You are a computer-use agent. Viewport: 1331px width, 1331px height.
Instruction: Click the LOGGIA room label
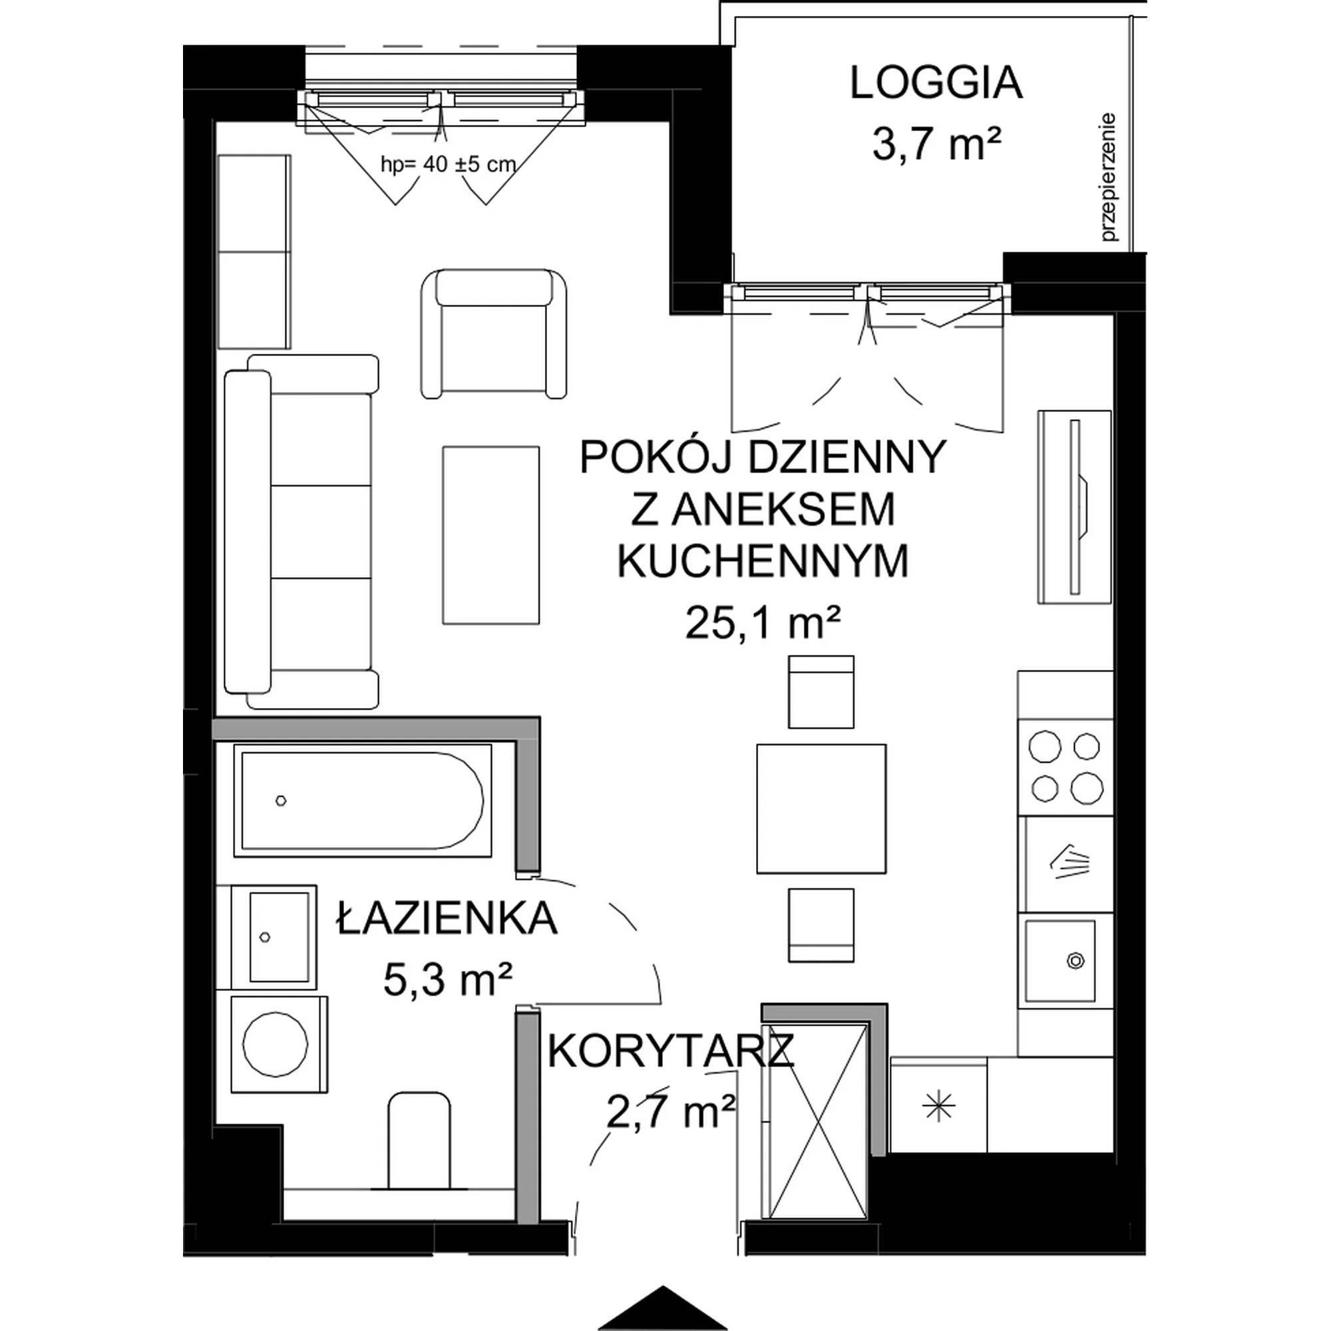pos(936,83)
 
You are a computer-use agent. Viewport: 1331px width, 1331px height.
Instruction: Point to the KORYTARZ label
pos(671,1051)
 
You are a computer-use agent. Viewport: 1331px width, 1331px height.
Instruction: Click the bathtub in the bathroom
pos(363,800)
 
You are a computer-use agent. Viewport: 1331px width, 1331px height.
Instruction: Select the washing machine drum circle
pos(276,1044)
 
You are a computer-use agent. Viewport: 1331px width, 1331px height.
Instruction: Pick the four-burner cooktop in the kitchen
pos(1065,767)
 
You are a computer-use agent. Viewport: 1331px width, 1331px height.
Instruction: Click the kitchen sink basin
pos(1059,960)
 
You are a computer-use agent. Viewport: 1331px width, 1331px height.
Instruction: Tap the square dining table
pos(821,808)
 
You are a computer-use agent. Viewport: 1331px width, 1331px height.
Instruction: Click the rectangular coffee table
pos(490,534)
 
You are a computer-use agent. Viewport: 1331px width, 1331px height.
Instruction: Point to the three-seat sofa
pos(301,531)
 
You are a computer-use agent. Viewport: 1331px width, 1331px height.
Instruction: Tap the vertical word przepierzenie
pos(1109,177)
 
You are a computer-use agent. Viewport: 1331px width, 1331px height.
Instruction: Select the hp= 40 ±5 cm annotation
pos(449,164)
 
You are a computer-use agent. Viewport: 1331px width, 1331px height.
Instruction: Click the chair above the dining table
pos(821,691)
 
